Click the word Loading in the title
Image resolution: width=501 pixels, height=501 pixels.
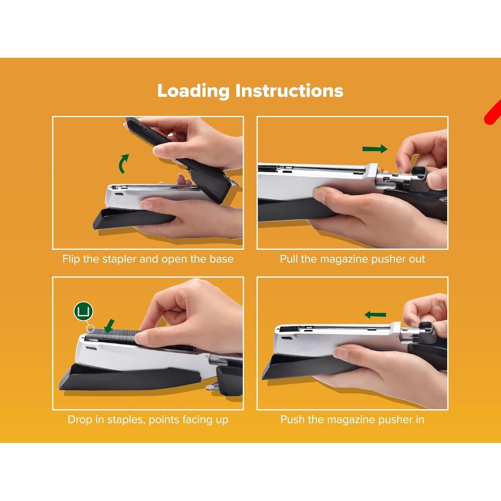[193, 91]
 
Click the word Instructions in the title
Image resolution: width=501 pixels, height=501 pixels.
[289, 91]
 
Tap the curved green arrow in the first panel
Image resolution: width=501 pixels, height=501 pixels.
[123, 164]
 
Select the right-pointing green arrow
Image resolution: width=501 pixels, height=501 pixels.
[375, 149]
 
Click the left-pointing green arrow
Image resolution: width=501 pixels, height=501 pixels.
[375, 315]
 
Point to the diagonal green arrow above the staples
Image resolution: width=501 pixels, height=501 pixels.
[109, 326]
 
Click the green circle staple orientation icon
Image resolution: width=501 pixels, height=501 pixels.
[83, 311]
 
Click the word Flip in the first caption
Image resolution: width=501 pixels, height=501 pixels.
[71, 259]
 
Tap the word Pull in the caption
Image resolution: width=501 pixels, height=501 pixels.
[289, 259]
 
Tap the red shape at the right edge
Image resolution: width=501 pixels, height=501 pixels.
[493, 114]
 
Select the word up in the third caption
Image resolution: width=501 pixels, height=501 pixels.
[222, 420]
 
